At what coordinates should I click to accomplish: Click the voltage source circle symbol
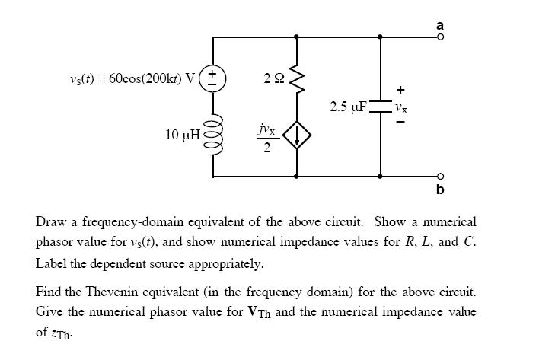click(213, 79)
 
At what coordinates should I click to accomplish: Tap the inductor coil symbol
click(213, 134)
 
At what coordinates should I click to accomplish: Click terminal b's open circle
click(440, 176)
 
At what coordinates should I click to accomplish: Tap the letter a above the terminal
click(440, 24)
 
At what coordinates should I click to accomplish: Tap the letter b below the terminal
click(440, 189)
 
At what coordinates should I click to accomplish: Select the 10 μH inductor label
click(183, 135)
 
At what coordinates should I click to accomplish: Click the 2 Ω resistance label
click(272, 78)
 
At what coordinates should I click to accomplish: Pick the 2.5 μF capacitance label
click(349, 106)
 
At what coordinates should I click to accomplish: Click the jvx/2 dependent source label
click(266, 137)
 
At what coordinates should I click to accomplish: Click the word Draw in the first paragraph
click(49, 222)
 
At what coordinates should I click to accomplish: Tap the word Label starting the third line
click(51, 263)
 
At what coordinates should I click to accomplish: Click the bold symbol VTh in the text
click(258, 312)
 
